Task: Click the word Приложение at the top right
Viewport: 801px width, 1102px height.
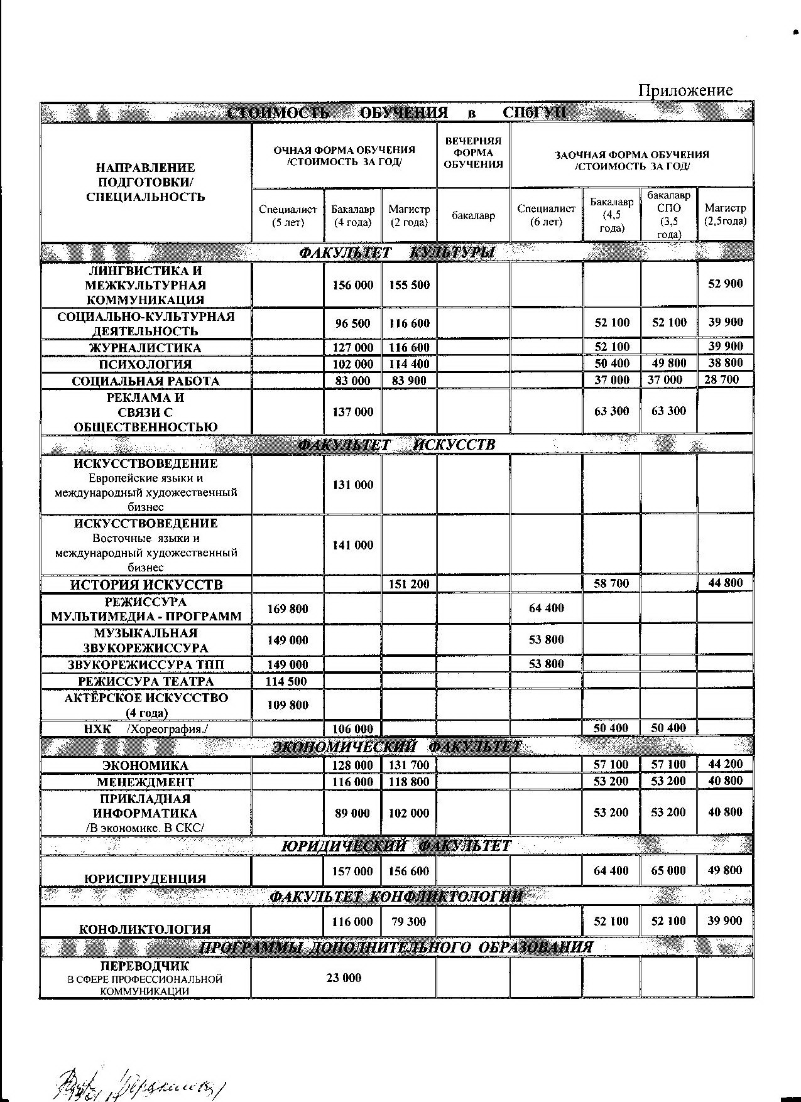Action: pos(685,90)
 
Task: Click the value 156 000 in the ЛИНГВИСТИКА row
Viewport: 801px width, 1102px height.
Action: pos(352,285)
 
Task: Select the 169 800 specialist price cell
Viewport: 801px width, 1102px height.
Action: pos(288,608)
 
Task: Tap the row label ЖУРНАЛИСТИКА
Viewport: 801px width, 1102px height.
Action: pos(145,348)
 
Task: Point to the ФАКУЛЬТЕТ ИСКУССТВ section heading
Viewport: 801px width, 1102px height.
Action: pos(396,445)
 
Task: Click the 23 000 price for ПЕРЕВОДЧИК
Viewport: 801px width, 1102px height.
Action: pos(344,978)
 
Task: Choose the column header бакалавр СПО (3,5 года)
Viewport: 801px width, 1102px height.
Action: pos(669,215)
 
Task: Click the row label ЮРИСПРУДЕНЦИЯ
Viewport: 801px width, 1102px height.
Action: pos(145,878)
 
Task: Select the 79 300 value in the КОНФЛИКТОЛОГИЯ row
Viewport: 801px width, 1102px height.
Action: pos(409,922)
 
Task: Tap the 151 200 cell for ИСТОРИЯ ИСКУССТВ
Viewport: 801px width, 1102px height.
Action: pos(409,584)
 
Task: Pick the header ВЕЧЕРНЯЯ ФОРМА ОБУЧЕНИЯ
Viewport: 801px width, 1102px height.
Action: pos(473,153)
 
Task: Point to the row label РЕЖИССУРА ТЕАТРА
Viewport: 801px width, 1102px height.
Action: pos(146,681)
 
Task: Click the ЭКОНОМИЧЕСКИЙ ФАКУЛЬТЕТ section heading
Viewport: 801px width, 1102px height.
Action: pos(396,747)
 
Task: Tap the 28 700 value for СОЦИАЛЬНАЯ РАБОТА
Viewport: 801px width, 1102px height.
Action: pos(725,379)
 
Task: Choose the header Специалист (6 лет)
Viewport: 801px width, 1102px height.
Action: pos(546,215)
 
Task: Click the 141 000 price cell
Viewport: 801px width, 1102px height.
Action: pos(352,545)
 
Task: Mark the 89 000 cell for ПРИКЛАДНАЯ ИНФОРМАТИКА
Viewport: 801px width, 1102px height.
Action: pos(352,813)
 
